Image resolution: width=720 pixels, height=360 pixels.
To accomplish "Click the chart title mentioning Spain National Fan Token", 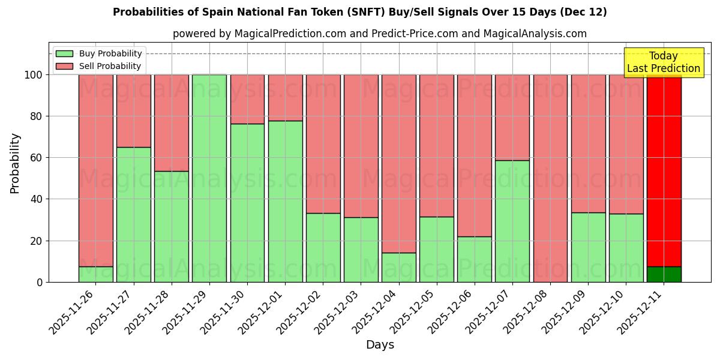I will click(x=359, y=12).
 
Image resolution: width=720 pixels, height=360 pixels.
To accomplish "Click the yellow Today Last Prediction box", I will click(x=663, y=62).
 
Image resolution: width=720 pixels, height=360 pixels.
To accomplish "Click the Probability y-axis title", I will click(x=15, y=163).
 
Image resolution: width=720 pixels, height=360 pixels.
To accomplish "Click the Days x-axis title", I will click(x=380, y=344).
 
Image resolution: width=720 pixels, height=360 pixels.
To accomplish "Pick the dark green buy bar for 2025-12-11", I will click(x=664, y=274).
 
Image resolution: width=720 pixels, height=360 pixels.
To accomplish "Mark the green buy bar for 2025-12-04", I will click(x=398, y=268).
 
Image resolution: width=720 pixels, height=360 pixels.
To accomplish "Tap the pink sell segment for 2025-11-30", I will click(x=247, y=99).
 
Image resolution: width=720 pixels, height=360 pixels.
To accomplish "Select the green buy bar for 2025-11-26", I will click(x=96, y=274).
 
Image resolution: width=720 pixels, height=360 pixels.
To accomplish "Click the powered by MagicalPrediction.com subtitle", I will click(x=379, y=34).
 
